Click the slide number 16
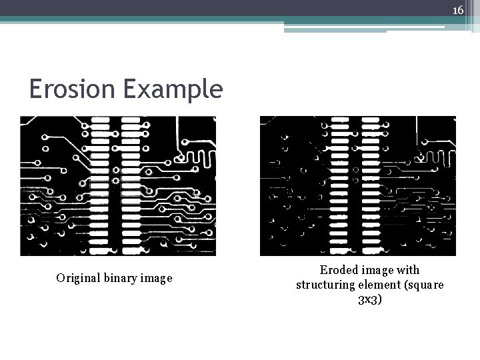pyautogui.click(x=458, y=10)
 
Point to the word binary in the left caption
pyautogui.click(x=119, y=278)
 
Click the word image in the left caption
pyautogui.click(x=156, y=278)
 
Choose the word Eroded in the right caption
pyautogui.click(x=338, y=270)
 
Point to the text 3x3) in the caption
pyautogui.click(x=370, y=299)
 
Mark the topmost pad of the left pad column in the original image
pyautogui.click(x=100, y=120)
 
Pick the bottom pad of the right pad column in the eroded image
pyautogui.click(x=370, y=247)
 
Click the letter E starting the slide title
pyautogui.click(x=36, y=89)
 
